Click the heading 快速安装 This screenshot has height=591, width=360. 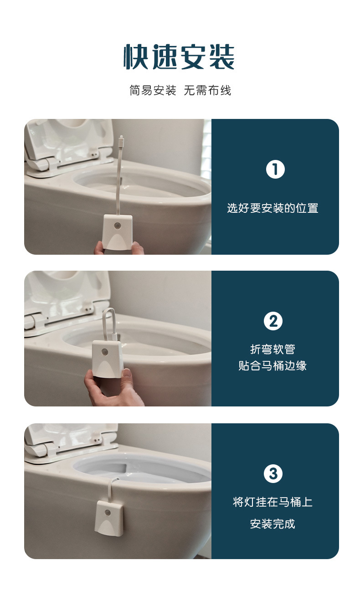coord(179,57)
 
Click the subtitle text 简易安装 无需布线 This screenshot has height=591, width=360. coord(180,90)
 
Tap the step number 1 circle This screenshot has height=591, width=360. coord(275,170)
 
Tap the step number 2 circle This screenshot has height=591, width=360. coord(273,321)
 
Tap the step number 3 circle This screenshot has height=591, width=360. coord(273,474)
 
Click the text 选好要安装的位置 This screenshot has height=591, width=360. coord(273,208)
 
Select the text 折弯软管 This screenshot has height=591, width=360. coord(273,349)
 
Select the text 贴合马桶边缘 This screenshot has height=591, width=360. coord(273,366)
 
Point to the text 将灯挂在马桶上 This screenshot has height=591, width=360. coord(273,502)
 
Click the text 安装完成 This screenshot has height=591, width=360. coord(273,524)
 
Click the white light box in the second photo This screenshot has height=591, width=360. coord(108,358)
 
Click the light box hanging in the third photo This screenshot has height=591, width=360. coord(109,517)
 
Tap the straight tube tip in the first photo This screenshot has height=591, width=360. coord(121,139)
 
